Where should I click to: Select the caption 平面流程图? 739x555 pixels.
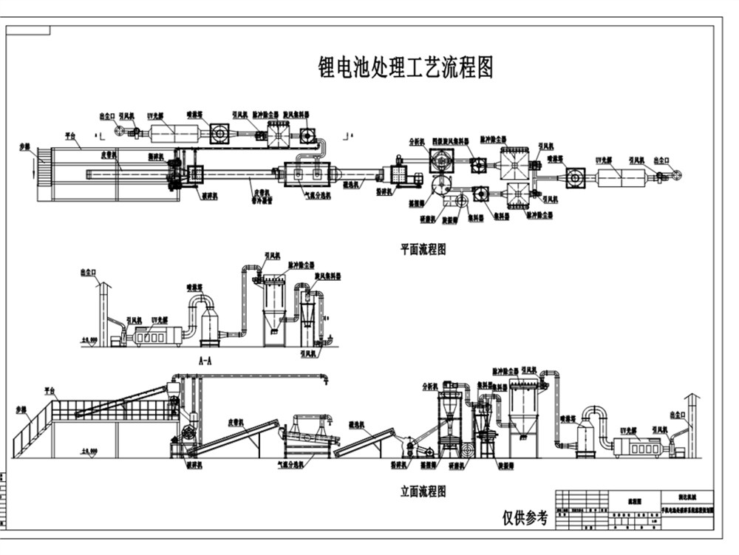click(x=423, y=250)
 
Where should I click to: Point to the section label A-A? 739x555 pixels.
click(x=206, y=361)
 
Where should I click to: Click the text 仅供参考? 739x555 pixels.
click(x=525, y=517)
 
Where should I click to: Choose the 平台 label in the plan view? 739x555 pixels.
click(x=70, y=136)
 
